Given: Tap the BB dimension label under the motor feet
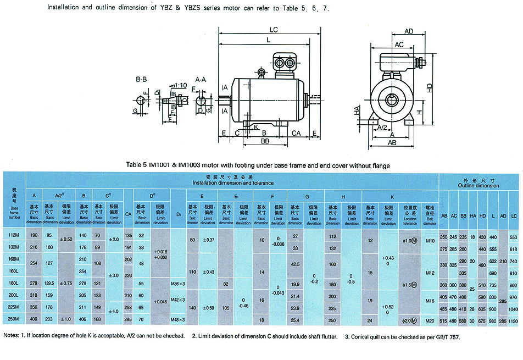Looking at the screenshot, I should pyautogui.click(x=264, y=141).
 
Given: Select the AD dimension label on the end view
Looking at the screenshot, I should pyautogui.click(x=409, y=31).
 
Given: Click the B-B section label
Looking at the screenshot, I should pyautogui.click(x=143, y=80).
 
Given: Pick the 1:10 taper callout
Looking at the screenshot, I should pyautogui.click(x=180, y=85).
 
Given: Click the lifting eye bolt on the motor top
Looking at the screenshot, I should pyautogui.click(x=261, y=71).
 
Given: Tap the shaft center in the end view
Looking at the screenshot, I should pyautogui.click(x=392, y=101).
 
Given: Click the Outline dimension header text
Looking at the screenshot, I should pyautogui.click(x=479, y=186).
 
